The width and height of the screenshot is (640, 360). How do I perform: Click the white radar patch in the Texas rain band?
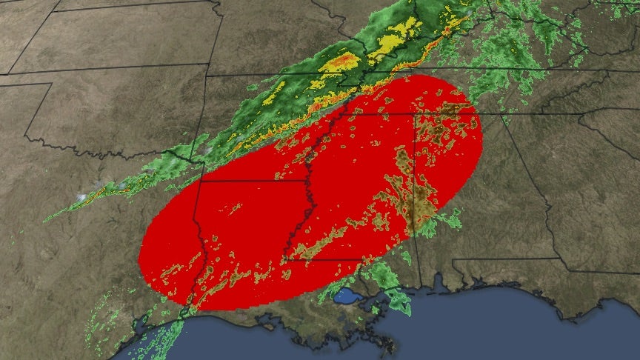tap(81, 197)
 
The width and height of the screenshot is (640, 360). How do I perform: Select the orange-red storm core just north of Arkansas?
tap(341, 62)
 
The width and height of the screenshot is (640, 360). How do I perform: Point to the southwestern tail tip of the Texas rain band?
tap(46, 220)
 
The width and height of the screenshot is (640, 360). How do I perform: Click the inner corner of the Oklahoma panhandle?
tap(52, 84)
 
